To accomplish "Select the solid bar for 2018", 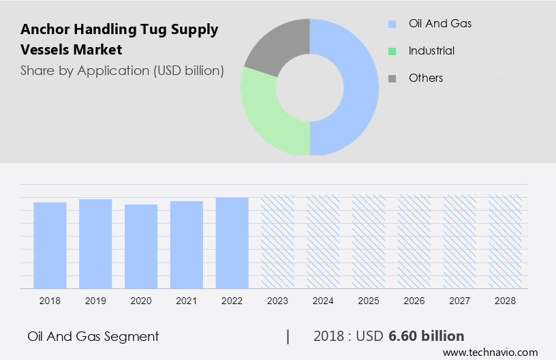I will click(x=50, y=245).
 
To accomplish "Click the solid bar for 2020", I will click(x=141, y=246).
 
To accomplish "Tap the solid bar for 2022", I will click(x=232, y=243).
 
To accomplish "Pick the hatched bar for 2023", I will click(x=278, y=241).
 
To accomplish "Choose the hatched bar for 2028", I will click(x=506, y=241).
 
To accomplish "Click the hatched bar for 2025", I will click(x=369, y=241).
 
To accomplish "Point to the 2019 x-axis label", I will click(x=95, y=300).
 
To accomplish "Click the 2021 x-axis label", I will click(x=187, y=300).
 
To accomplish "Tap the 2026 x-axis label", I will click(x=414, y=300).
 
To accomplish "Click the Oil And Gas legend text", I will click(x=439, y=24).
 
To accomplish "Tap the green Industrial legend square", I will click(x=392, y=51).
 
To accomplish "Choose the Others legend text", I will click(x=425, y=78).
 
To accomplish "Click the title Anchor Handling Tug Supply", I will click(x=119, y=29).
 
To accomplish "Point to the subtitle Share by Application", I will click(x=122, y=70).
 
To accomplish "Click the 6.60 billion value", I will click(x=427, y=336).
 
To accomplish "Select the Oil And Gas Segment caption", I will click(x=93, y=336).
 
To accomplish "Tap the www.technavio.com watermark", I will click(x=490, y=352).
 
